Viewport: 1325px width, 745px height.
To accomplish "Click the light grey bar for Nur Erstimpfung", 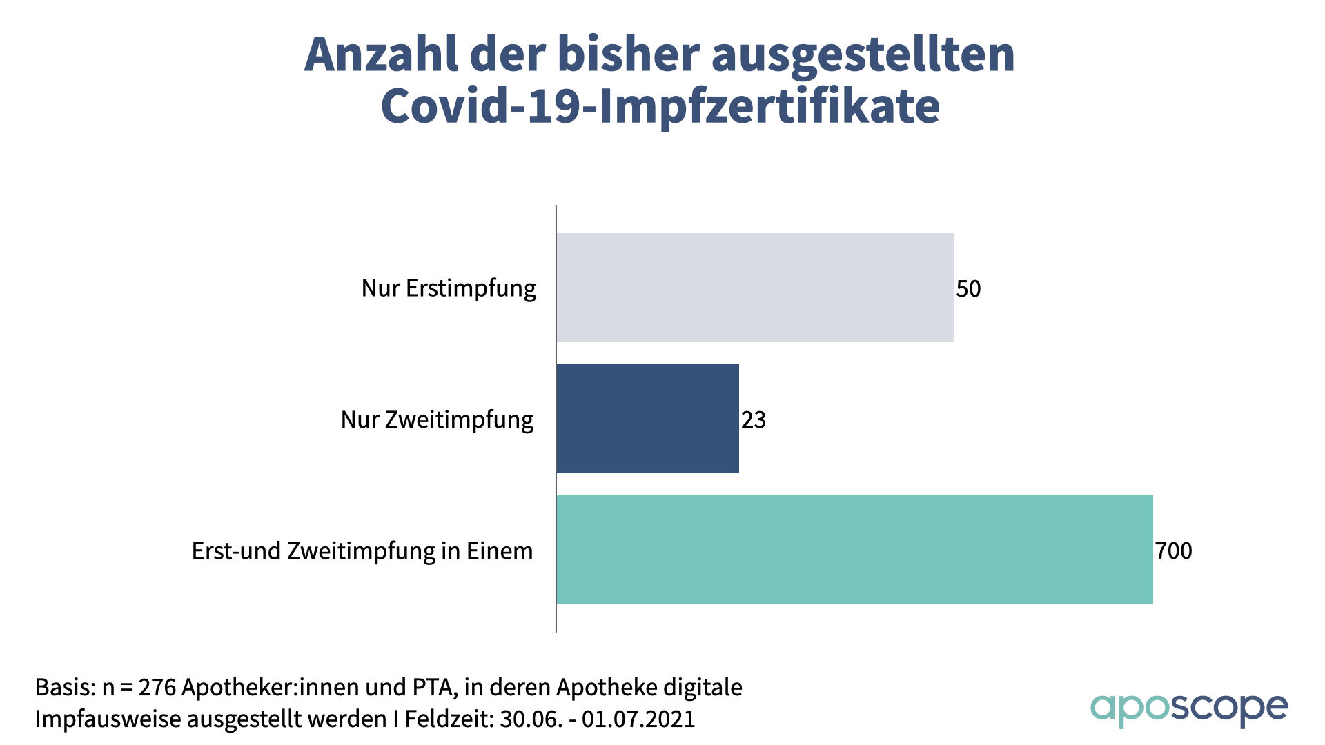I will [x=755, y=288].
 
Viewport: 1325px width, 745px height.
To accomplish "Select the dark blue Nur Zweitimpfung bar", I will [x=647, y=419].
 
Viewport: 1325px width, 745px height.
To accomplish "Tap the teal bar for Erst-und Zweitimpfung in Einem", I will [x=854, y=550].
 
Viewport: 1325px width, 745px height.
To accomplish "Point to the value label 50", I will [x=968, y=288].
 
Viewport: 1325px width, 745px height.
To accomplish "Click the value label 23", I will [x=754, y=419].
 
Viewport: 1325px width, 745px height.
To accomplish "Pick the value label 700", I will [x=1173, y=550].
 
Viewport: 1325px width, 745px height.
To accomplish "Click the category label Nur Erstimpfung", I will [x=449, y=288].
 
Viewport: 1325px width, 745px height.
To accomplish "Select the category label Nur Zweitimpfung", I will [x=437, y=419].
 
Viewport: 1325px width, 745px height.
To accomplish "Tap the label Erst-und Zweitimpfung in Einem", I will [x=362, y=551].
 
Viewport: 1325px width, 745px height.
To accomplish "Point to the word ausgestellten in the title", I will [x=863, y=55].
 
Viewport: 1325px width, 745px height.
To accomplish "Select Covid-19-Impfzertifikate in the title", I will [x=660, y=106].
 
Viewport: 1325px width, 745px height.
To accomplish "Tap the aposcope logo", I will [x=1188, y=708].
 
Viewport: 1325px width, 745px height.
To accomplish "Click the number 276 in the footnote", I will [x=157, y=687].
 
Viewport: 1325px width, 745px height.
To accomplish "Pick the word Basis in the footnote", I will [x=64, y=687].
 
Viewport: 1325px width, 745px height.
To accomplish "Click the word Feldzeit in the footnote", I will [x=449, y=719].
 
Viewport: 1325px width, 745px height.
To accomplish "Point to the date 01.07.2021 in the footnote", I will [x=638, y=719].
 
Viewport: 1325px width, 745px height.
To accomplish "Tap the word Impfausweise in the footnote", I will [x=108, y=719].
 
